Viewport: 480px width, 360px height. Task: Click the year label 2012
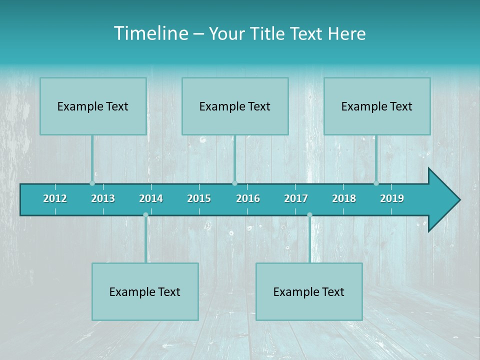(55, 198)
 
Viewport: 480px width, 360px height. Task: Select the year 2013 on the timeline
(103, 198)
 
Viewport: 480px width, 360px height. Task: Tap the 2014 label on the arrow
(151, 198)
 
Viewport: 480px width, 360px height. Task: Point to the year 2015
(199, 198)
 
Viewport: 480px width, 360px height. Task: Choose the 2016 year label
(248, 198)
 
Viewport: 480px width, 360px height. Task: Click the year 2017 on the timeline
(296, 198)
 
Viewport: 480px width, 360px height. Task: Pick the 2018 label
(344, 198)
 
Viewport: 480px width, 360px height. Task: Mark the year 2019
(392, 198)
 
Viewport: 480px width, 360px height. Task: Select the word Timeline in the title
(150, 33)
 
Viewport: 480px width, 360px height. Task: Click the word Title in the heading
(266, 34)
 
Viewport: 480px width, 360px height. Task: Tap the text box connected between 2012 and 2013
(93, 106)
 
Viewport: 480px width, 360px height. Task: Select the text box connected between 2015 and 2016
(235, 106)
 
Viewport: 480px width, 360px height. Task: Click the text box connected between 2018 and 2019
(377, 106)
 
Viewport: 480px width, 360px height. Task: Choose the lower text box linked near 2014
(145, 291)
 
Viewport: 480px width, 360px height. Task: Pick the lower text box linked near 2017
(309, 291)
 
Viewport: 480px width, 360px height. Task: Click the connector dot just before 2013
(92, 183)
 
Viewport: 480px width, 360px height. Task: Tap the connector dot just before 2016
(234, 183)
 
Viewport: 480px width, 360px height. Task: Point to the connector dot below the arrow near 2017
(309, 215)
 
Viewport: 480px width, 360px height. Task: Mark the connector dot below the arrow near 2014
(145, 215)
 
